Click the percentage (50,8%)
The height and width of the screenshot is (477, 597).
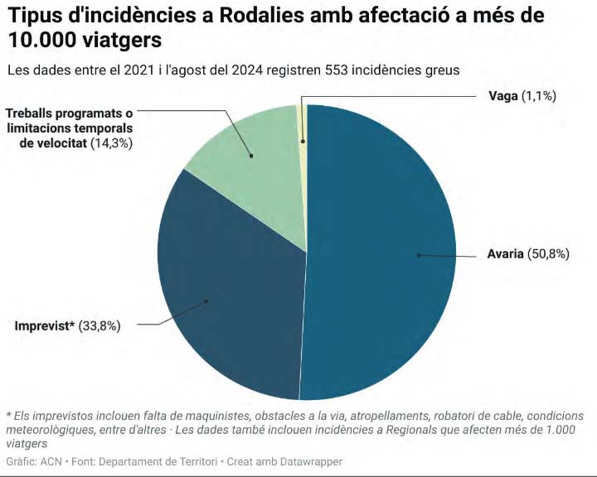click(x=548, y=254)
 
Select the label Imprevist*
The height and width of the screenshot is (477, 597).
click(x=44, y=325)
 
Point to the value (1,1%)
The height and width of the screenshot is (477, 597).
click(x=538, y=96)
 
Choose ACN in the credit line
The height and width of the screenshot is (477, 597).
click(x=51, y=461)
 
